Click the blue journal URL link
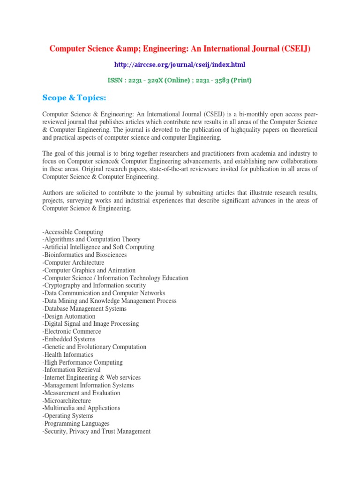pyautogui.click(x=180, y=64)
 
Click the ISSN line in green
pyautogui.click(x=180, y=80)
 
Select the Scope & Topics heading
pyautogui.click(x=75, y=97)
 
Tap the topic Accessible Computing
pyautogui.click(x=73, y=232)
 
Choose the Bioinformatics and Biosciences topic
pyautogui.click(x=84, y=255)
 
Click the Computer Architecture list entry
pyautogui.click(x=73, y=262)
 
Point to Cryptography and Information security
pyautogui.click(x=94, y=285)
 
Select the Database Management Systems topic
pyautogui.click(x=84, y=308)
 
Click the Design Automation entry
pyautogui.click(x=69, y=316)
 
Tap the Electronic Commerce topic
pyautogui.click(x=72, y=331)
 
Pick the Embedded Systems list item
pyautogui.click(x=69, y=339)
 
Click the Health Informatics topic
pyautogui.click(x=68, y=355)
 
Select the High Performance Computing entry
pyautogui.click(x=82, y=362)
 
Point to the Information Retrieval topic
pyautogui.click(x=71, y=370)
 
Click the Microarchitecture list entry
pyautogui.click(x=67, y=401)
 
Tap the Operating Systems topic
pyautogui.click(x=68, y=416)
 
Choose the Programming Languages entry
pyautogui.click(x=76, y=424)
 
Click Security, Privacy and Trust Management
pyautogui.click(x=97, y=431)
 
